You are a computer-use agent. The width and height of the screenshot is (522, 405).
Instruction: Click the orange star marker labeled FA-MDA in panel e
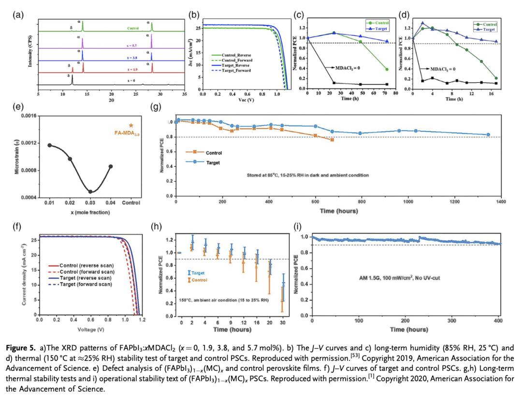[x=131, y=125]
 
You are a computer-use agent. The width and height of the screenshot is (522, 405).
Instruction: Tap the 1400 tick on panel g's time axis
[x=500, y=202]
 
